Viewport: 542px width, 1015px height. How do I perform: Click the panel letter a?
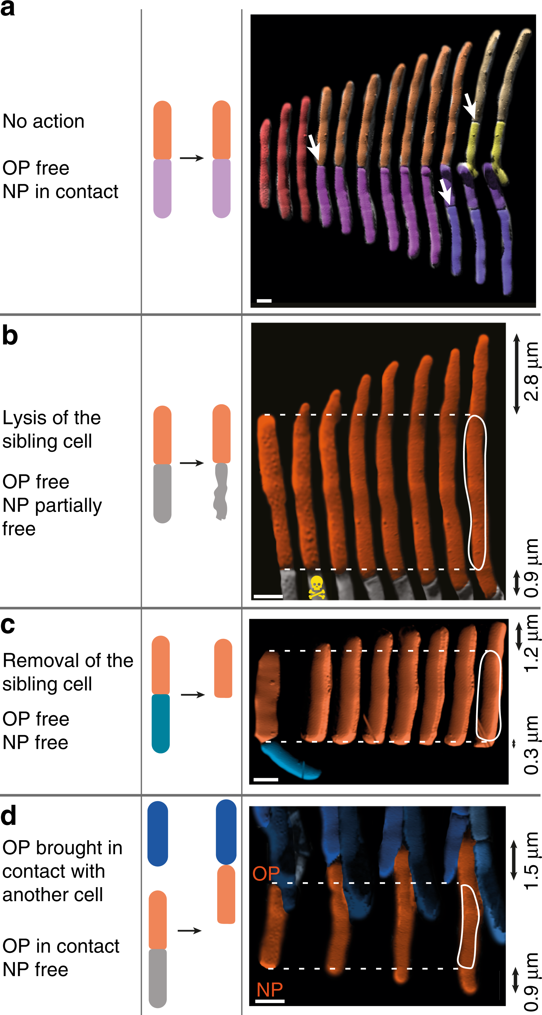(8, 9)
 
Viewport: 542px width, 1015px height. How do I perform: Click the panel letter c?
(8, 625)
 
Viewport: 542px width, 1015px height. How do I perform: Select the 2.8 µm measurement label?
(531, 372)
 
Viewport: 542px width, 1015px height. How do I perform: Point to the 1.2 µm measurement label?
(531, 643)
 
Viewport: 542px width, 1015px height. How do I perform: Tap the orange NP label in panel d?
(270, 989)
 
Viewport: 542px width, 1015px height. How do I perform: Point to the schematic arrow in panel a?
(191, 158)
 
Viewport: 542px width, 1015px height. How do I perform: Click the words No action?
(43, 121)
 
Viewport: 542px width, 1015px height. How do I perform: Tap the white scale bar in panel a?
(264, 301)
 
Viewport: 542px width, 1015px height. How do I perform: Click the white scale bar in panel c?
(266, 779)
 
